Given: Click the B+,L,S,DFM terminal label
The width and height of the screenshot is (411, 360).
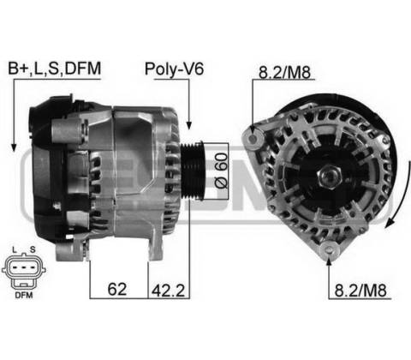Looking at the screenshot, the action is click(x=55, y=69).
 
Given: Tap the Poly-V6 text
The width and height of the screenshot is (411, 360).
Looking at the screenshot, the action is click(x=174, y=69).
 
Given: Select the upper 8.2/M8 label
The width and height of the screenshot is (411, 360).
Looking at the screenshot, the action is click(x=284, y=72).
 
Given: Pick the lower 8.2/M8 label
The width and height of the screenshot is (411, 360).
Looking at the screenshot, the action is click(x=360, y=291).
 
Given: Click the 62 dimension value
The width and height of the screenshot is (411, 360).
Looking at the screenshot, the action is click(x=117, y=289).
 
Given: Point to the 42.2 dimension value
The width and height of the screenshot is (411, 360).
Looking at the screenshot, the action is click(x=168, y=291).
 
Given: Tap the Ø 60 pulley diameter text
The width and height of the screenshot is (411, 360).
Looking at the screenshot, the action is click(x=222, y=171).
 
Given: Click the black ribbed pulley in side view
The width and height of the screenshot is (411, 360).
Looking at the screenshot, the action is click(x=193, y=171).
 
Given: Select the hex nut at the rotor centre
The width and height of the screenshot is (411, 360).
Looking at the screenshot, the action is click(x=330, y=176).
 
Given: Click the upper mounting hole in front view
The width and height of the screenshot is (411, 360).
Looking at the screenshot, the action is click(x=253, y=139).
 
